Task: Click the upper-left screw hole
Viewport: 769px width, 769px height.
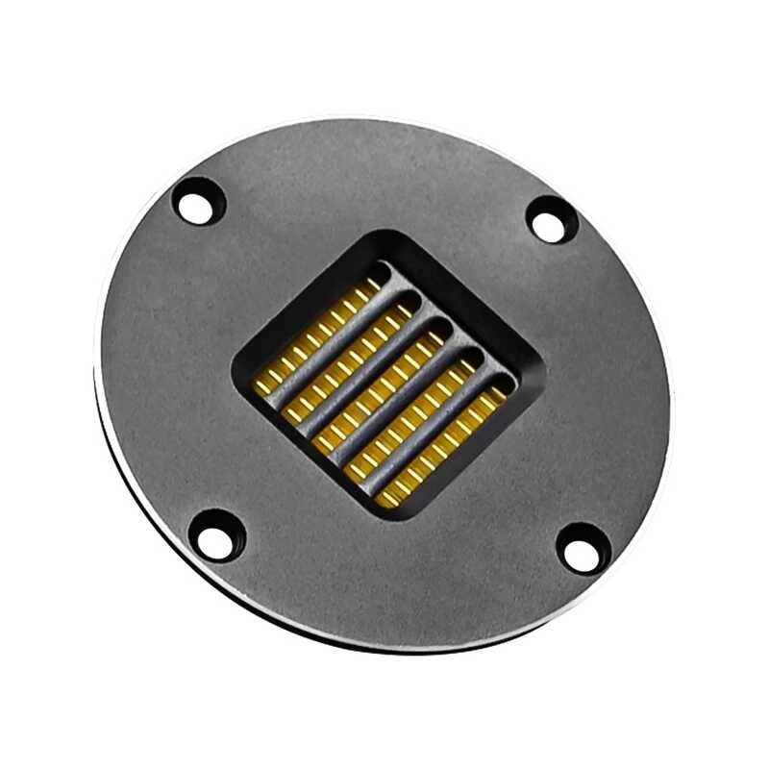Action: click(199, 203)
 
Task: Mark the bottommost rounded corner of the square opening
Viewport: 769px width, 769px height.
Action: click(384, 515)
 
